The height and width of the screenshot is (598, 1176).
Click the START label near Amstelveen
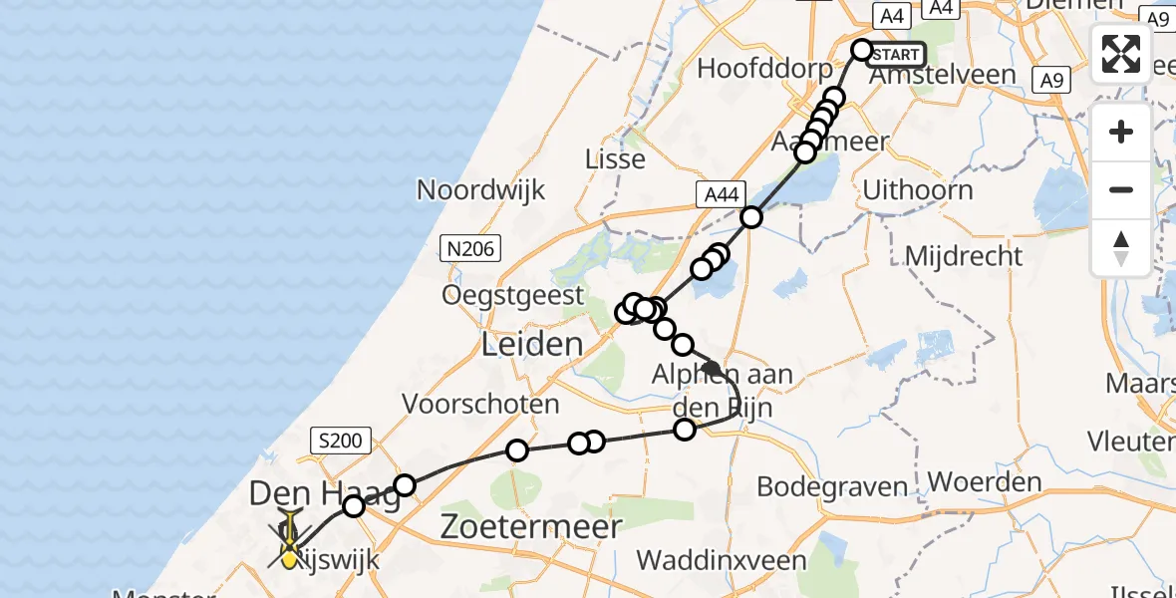click(x=898, y=54)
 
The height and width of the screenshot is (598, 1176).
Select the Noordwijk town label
click(x=481, y=189)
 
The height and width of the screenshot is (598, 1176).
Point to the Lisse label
click(x=615, y=159)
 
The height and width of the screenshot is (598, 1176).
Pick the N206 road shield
click(x=471, y=248)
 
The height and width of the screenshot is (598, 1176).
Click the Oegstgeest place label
click(x=514, y=295)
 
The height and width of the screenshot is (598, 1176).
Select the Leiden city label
click(x=531, y=346)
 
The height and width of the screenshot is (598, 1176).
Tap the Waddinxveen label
click(x=721, y=560)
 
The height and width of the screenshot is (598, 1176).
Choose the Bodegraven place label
click(x=833, y=487)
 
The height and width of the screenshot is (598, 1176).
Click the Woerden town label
click(x=984, y=482)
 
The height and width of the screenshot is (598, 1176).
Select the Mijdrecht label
click(x=963, y=256)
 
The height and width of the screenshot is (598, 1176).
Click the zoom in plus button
click(x=1121, y=132)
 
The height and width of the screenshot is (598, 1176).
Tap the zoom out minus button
click(x=1121, y=189)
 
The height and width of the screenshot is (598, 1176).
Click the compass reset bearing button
click(x=1121, y=247)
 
